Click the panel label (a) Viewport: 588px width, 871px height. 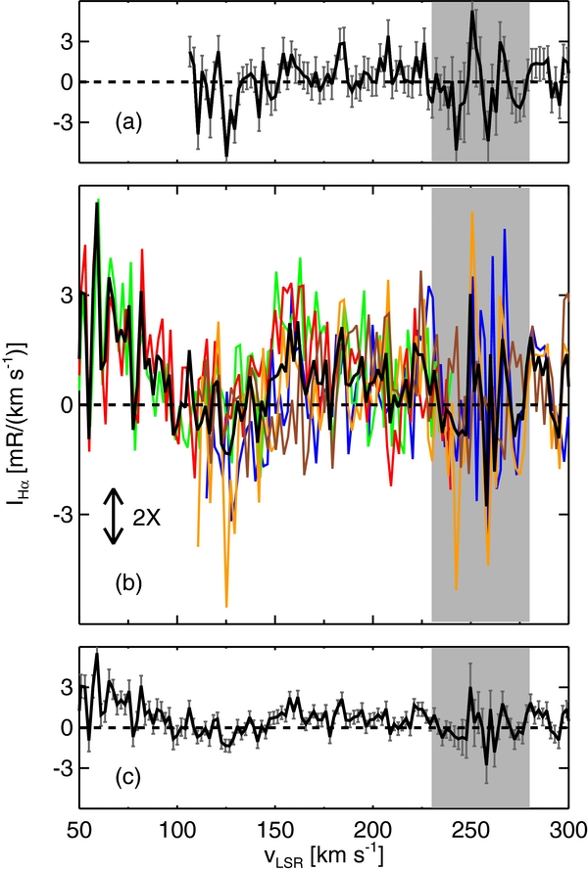point(129,123)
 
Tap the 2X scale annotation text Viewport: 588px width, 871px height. point(148,517)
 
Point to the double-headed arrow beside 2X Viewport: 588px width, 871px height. point(115,517)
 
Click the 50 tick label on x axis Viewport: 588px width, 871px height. point(79,831)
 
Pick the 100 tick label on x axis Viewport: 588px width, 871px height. point(177,831)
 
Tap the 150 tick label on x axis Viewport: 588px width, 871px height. point(275,831)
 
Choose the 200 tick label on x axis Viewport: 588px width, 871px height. point(373,831)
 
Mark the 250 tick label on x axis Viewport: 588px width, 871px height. point(471,831)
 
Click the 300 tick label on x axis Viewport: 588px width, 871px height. point(567,831)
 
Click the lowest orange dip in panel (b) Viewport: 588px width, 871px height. point(226,606)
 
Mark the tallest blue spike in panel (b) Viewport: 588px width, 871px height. point(505,231)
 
